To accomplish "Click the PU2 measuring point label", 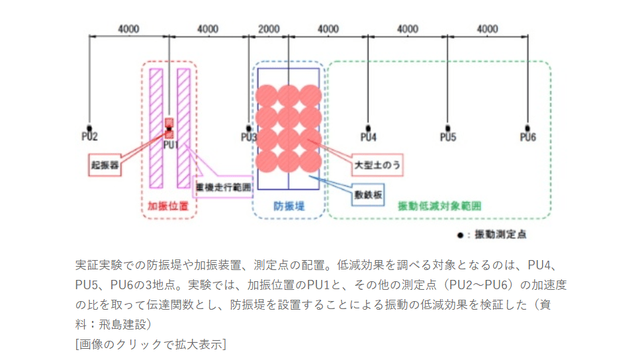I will [x=89, y=137].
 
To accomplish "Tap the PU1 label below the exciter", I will [x=171, y=144].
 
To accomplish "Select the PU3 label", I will [x=249, y=137].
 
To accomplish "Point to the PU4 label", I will [x=368, y=137].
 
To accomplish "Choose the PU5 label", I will [x=448, y=137].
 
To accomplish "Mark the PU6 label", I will [x=527, y=137].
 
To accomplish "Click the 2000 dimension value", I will [x=268, y=29].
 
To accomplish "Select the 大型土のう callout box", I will [x=379, y=162].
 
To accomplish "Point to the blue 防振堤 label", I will [x=289, y=206].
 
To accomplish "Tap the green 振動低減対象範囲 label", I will [x=439, y=206].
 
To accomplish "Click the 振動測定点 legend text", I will [x=502, y=234].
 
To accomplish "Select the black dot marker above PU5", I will [x=448, y=128].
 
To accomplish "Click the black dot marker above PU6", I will [x=527, y=128].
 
